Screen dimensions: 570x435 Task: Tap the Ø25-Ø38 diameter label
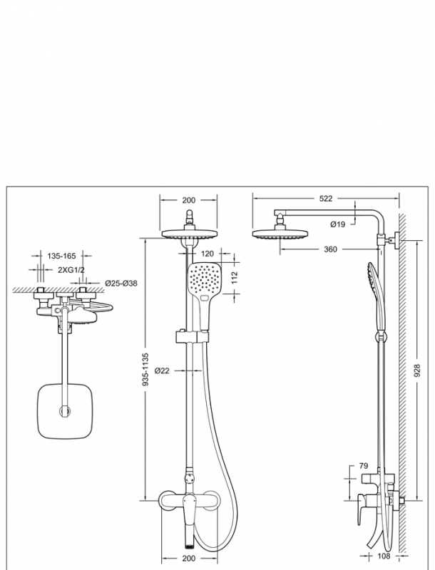click(x=121, y=283)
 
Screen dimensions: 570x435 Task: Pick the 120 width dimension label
click(x=208, y=254)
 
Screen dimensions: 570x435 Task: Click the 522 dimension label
click(x=326, y=199)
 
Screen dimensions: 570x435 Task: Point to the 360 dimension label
click(x=329, y=249)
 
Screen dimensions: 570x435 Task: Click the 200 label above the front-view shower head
click(x=189, y=200)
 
